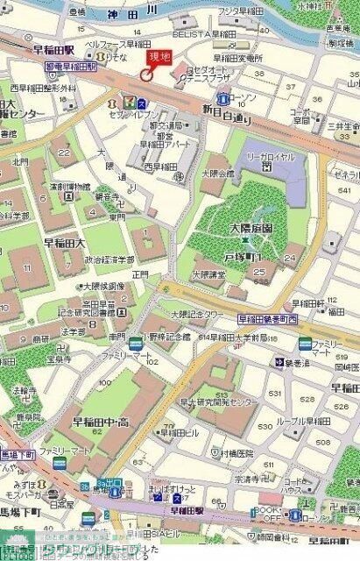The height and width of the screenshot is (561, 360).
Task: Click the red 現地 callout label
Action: [x=159, y=57]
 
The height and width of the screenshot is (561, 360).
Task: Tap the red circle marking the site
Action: [x=145, y=75]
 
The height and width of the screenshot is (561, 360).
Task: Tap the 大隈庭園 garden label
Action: [x=226, y=229]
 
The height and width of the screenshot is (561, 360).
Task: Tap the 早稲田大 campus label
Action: [x=65, y=243]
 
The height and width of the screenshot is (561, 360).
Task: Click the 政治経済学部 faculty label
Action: [x=109, y=259]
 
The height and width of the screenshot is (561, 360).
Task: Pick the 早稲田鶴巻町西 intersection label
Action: [x=267, y=320]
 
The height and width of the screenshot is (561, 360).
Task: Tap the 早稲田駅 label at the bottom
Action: [x=185, y=510]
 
